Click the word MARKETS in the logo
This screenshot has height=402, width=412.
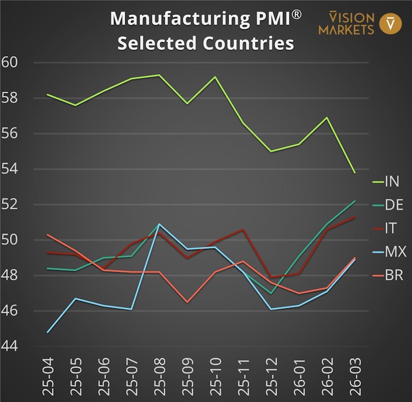pos(346,29)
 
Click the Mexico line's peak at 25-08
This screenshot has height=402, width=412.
pos(159,224)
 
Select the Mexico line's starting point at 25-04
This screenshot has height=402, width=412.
pos(47,332)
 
